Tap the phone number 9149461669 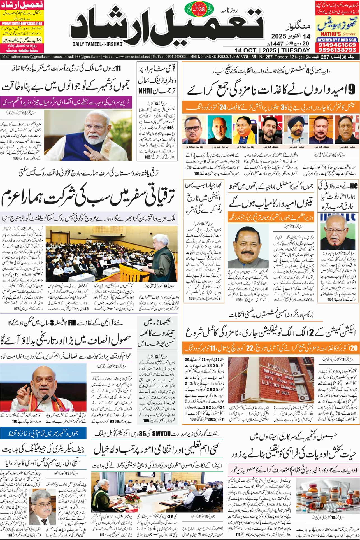click(x=337, y=45)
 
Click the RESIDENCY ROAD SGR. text click(x=337, y=40)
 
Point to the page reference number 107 click(x=16, y=308)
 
